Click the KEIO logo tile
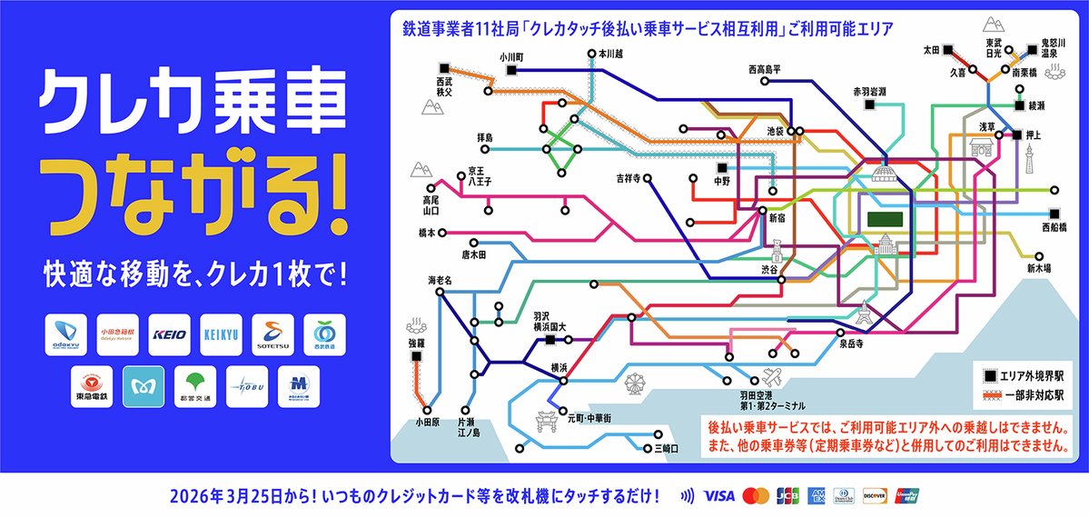coord(169,334)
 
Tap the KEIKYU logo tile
coord(220,334)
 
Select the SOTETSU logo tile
coord(272,334)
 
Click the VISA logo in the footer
coord(718,496)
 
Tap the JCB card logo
coord(787,496)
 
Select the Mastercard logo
coord(755,496)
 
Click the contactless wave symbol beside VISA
coord(688,496)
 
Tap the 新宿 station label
coord(779,218)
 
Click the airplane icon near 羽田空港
coord(773,376)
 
